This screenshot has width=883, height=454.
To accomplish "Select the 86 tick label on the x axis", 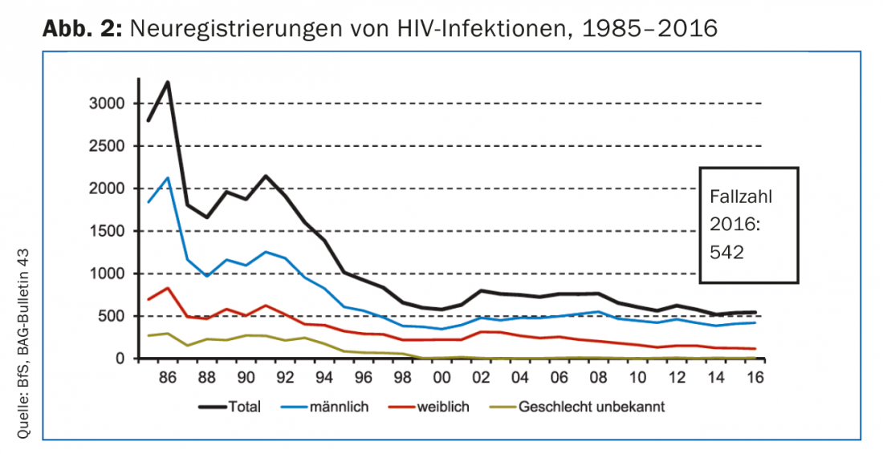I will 168,377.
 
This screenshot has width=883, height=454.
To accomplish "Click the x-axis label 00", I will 441,377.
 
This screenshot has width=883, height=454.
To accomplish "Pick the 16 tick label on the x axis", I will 755,377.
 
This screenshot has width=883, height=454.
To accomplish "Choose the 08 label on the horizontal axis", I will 598,377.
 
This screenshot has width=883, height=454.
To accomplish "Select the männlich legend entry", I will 336,407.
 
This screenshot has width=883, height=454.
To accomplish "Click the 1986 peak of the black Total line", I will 168,82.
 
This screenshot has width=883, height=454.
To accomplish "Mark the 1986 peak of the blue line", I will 168,178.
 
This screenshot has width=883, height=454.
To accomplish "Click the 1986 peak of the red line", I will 168,288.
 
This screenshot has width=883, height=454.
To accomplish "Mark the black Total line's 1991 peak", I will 266,176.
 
